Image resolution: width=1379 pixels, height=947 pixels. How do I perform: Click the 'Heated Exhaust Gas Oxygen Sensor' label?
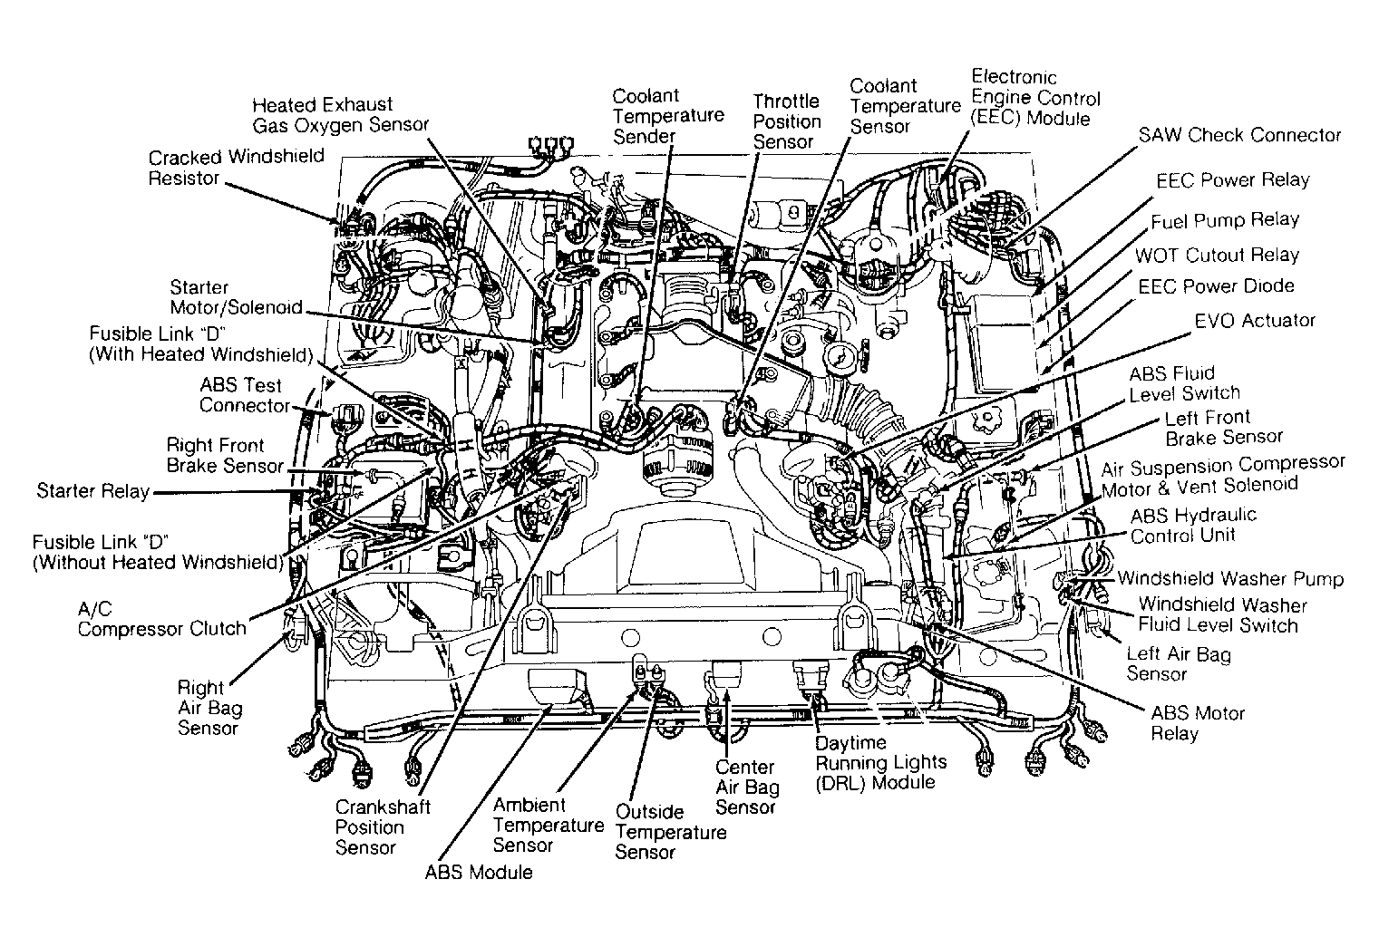click(x=340, y=115)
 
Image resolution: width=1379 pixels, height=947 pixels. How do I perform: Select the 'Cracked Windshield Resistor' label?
click(x=236, y=168)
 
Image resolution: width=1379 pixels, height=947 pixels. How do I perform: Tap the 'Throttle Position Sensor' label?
click(x=787, y=121)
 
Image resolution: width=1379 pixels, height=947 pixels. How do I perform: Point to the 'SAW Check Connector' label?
click(x=1239, y=135)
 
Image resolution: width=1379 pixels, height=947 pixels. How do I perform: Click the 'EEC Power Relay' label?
click(x=1232, y=179)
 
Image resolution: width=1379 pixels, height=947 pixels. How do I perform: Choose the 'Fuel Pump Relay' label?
click(x=1225, y=220)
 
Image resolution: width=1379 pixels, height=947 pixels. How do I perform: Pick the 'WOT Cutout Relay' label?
click(x=1217, y=255)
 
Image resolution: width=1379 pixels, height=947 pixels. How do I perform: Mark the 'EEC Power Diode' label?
click(x=1216, y=286)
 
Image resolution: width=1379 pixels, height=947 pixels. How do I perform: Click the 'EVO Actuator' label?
click(x=1254, y=321)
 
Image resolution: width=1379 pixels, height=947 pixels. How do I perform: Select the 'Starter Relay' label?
click(x=93, y=490)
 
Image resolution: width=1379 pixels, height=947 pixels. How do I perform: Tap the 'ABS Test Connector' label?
click(x=245, y=395)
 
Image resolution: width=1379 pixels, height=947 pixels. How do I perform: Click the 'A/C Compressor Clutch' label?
click(x=162, y=618)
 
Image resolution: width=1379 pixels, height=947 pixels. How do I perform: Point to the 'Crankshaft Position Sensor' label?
click(x=383, y=826)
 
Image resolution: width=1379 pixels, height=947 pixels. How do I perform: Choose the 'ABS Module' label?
click(x=479, y=872)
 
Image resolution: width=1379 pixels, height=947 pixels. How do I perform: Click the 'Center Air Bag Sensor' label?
click(x=747, y=787)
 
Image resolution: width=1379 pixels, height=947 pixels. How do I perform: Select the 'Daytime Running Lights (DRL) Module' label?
click(x=880, y=762)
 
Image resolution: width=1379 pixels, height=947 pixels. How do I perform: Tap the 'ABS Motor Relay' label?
click(x=1198, y=723)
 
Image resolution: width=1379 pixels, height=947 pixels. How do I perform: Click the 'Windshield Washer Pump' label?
click(x=1230, y=578)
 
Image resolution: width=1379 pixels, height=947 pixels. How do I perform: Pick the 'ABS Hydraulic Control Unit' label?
click(x=1193, y=525)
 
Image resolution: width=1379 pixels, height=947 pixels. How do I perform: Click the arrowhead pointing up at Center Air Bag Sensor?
click(x=727, y=696)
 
